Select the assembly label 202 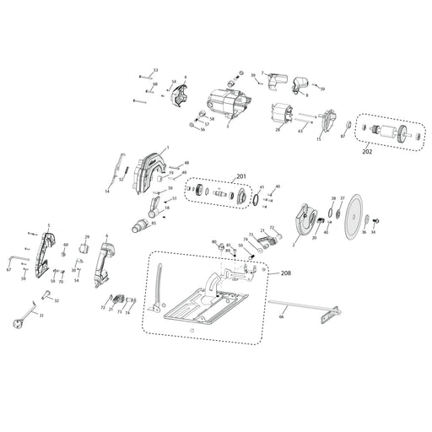tap(367, 153)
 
